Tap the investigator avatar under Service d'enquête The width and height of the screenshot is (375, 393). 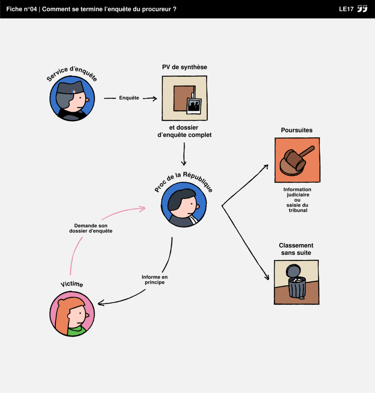coord(72,99)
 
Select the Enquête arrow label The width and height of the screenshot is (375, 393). coord(129,98)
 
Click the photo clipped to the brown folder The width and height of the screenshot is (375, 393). coord(194,106)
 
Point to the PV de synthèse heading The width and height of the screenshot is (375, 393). coord(184,67)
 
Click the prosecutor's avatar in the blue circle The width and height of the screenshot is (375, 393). coord(184,204)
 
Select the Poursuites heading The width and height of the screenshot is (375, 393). coord(297,130)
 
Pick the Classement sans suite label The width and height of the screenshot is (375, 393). coord(296,249)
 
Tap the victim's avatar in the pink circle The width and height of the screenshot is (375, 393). coord(72,314)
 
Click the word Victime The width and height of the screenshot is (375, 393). coord(72,284)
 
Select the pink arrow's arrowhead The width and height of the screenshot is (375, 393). coord(143,209)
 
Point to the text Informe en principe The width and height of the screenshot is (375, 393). coord(154,279)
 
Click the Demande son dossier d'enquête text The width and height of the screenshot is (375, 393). coord(91,228)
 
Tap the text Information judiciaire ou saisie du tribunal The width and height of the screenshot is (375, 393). coord(297,200)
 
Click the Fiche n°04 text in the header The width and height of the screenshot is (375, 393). coord(22,9)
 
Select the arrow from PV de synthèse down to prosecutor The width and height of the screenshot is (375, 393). coord(184,154)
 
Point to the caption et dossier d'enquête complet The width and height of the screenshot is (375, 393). coord(184,131)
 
